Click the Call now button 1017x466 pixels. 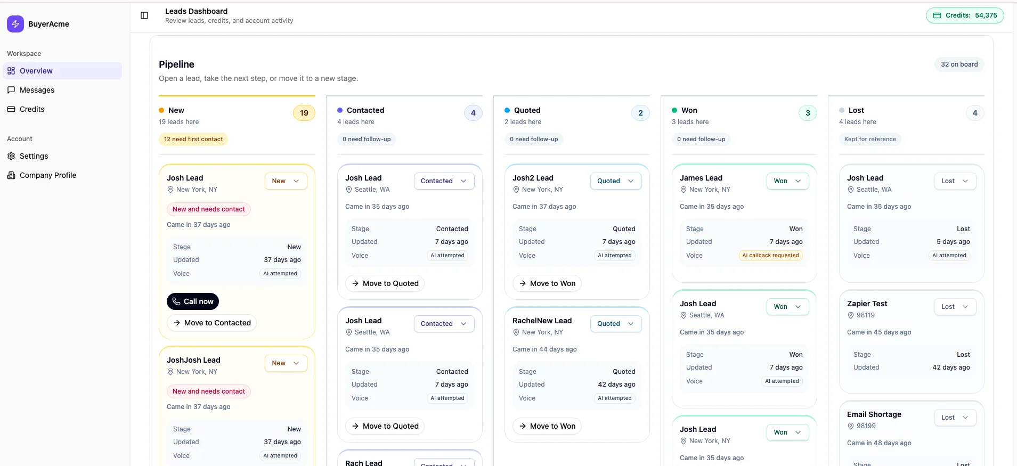tap(192, 301)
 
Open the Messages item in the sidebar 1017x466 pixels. tap(37, 90)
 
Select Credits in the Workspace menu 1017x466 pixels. tap(32, 109)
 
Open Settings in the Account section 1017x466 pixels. tap(34, 156)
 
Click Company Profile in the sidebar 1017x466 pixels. tap(47, 175)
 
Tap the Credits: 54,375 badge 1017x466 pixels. tap(965, 15)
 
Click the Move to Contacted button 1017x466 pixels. tap(211, 323)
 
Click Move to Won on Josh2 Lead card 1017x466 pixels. tap(547, 283)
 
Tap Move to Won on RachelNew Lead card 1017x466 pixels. tap(547, 426)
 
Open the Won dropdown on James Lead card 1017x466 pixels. tap(787, 181)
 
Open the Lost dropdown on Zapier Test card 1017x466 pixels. tap(955, 307)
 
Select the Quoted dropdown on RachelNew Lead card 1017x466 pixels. tap(615, 324)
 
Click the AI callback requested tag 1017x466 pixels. tap(770, 256)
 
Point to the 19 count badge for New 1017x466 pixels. tap(304, 113)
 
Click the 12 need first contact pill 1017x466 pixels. tap(193, 140)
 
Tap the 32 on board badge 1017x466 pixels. tap(959, 64)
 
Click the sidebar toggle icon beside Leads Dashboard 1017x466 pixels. tap(144, 15)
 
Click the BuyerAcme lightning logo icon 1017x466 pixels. tap(15, 24)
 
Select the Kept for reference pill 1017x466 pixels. tap(870, 140)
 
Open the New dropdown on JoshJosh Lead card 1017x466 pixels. tap(286, 363)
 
